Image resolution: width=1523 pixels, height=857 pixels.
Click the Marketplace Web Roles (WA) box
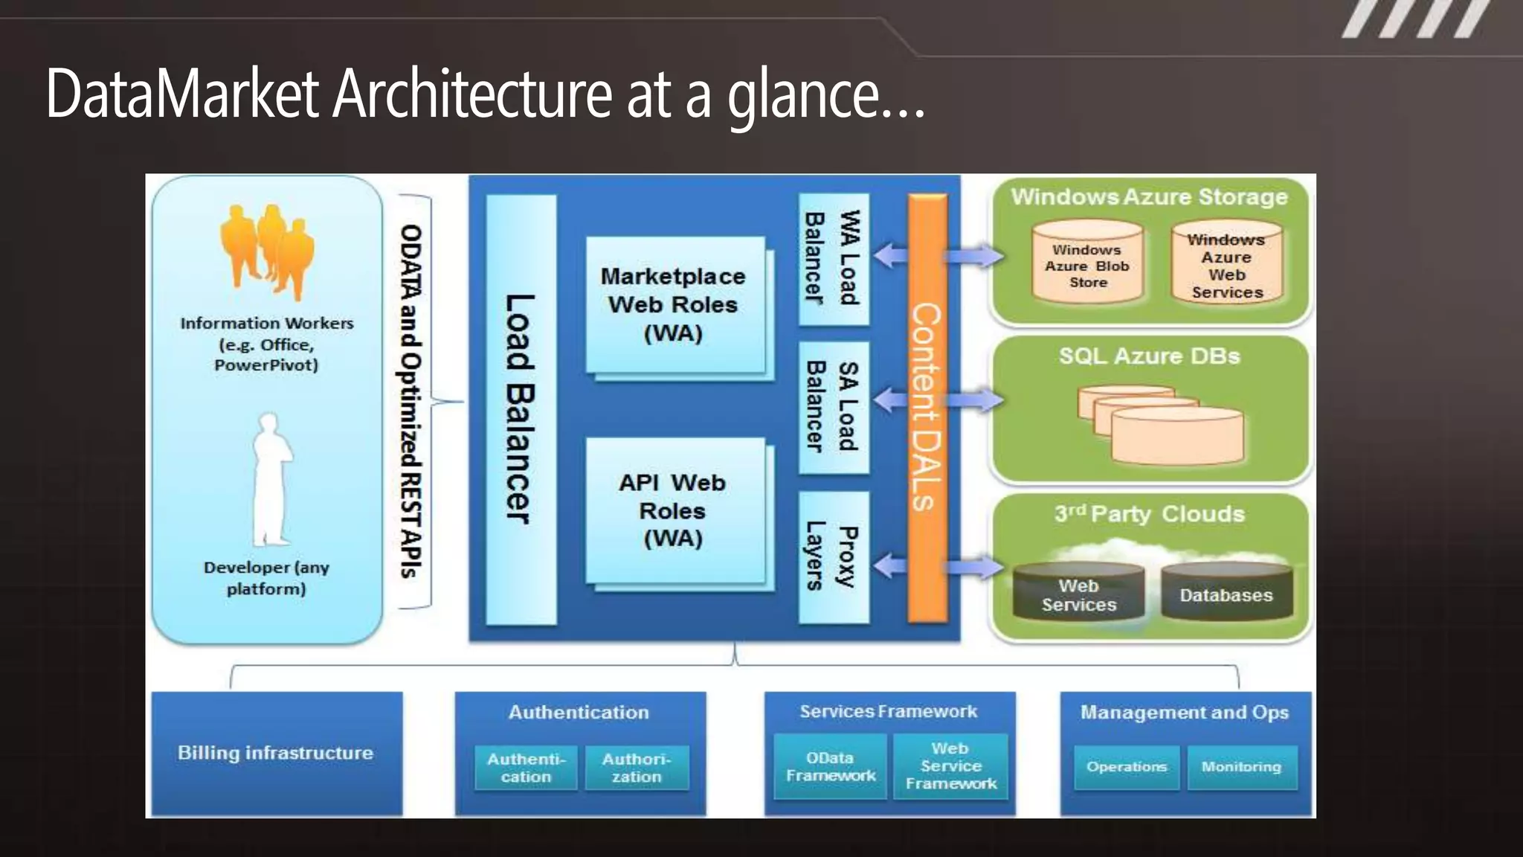coord(674,305)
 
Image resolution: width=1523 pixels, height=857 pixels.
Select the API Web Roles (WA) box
coord(674,510)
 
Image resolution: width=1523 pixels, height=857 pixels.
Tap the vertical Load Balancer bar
coord(521,409)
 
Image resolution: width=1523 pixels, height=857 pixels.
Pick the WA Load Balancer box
coord(833,258)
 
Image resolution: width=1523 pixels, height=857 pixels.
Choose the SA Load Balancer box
coord(833,407)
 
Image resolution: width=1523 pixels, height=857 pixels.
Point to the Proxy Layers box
coord(833,556)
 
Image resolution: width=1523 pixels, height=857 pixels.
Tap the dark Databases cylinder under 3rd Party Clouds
coord(1226,594)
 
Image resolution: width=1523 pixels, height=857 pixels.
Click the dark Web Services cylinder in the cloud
coord(1079,594)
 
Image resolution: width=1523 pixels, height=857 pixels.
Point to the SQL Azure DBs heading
coord(1149,356)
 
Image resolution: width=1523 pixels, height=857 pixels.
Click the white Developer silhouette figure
coord(270,480)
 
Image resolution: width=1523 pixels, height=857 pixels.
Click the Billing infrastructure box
coord(276,753)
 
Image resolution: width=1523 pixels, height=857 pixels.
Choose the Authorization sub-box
coord(637,768)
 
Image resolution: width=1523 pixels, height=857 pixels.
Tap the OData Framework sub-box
coord(830,766)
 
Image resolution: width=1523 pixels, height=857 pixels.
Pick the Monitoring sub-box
coord(1241,767)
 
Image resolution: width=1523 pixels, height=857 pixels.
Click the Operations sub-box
coord(1126,767)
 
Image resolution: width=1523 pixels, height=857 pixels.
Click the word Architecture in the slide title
coord(472,94)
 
